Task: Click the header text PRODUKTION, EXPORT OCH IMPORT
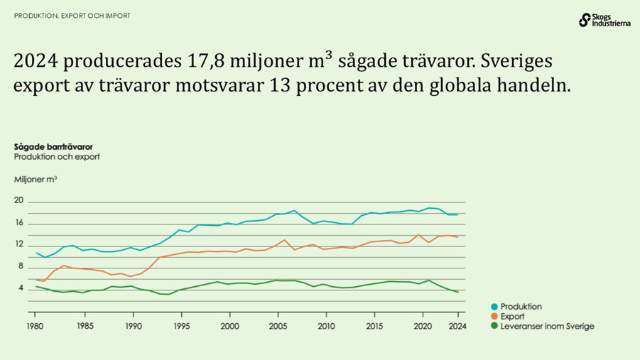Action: click(72, 16)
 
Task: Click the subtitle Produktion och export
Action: click(56, 156)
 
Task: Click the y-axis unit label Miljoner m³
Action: click(36, 180)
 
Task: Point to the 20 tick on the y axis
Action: click(19, 201)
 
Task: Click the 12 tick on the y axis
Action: click(19, 245)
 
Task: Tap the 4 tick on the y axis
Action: click(21, 288)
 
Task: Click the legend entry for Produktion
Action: click(519, 307)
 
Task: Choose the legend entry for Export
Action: click(511, 317)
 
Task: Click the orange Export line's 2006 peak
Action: click(285, 240)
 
